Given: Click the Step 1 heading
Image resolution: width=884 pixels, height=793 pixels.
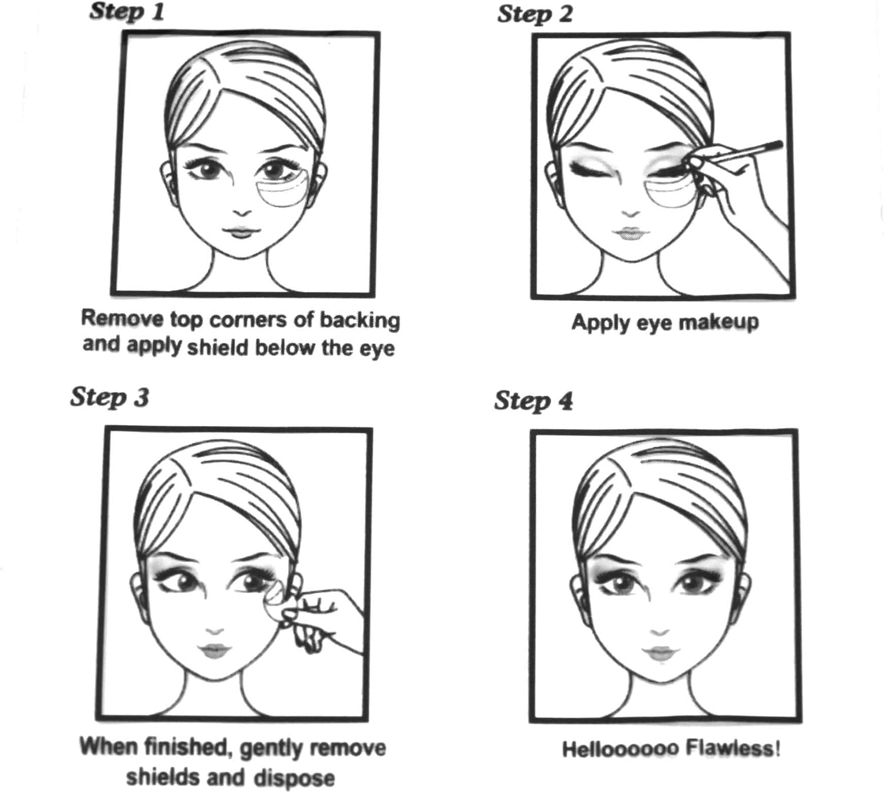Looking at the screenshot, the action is tap(127, 12).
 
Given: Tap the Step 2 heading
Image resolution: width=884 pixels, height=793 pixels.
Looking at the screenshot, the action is tap(535, 14).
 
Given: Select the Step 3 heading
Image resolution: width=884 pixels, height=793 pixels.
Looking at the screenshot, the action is tap(110, 397).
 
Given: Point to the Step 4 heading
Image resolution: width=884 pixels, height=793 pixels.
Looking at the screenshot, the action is tap(533, 401).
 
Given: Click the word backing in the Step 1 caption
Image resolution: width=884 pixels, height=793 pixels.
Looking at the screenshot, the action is tap(359, 320).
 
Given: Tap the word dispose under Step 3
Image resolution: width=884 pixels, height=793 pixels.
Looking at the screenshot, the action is tap(294, 778).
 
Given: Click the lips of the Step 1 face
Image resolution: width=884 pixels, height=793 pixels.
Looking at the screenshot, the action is tap(241, 231).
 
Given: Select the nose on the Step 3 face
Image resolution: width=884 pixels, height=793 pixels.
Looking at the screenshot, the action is tap(214, 632).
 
